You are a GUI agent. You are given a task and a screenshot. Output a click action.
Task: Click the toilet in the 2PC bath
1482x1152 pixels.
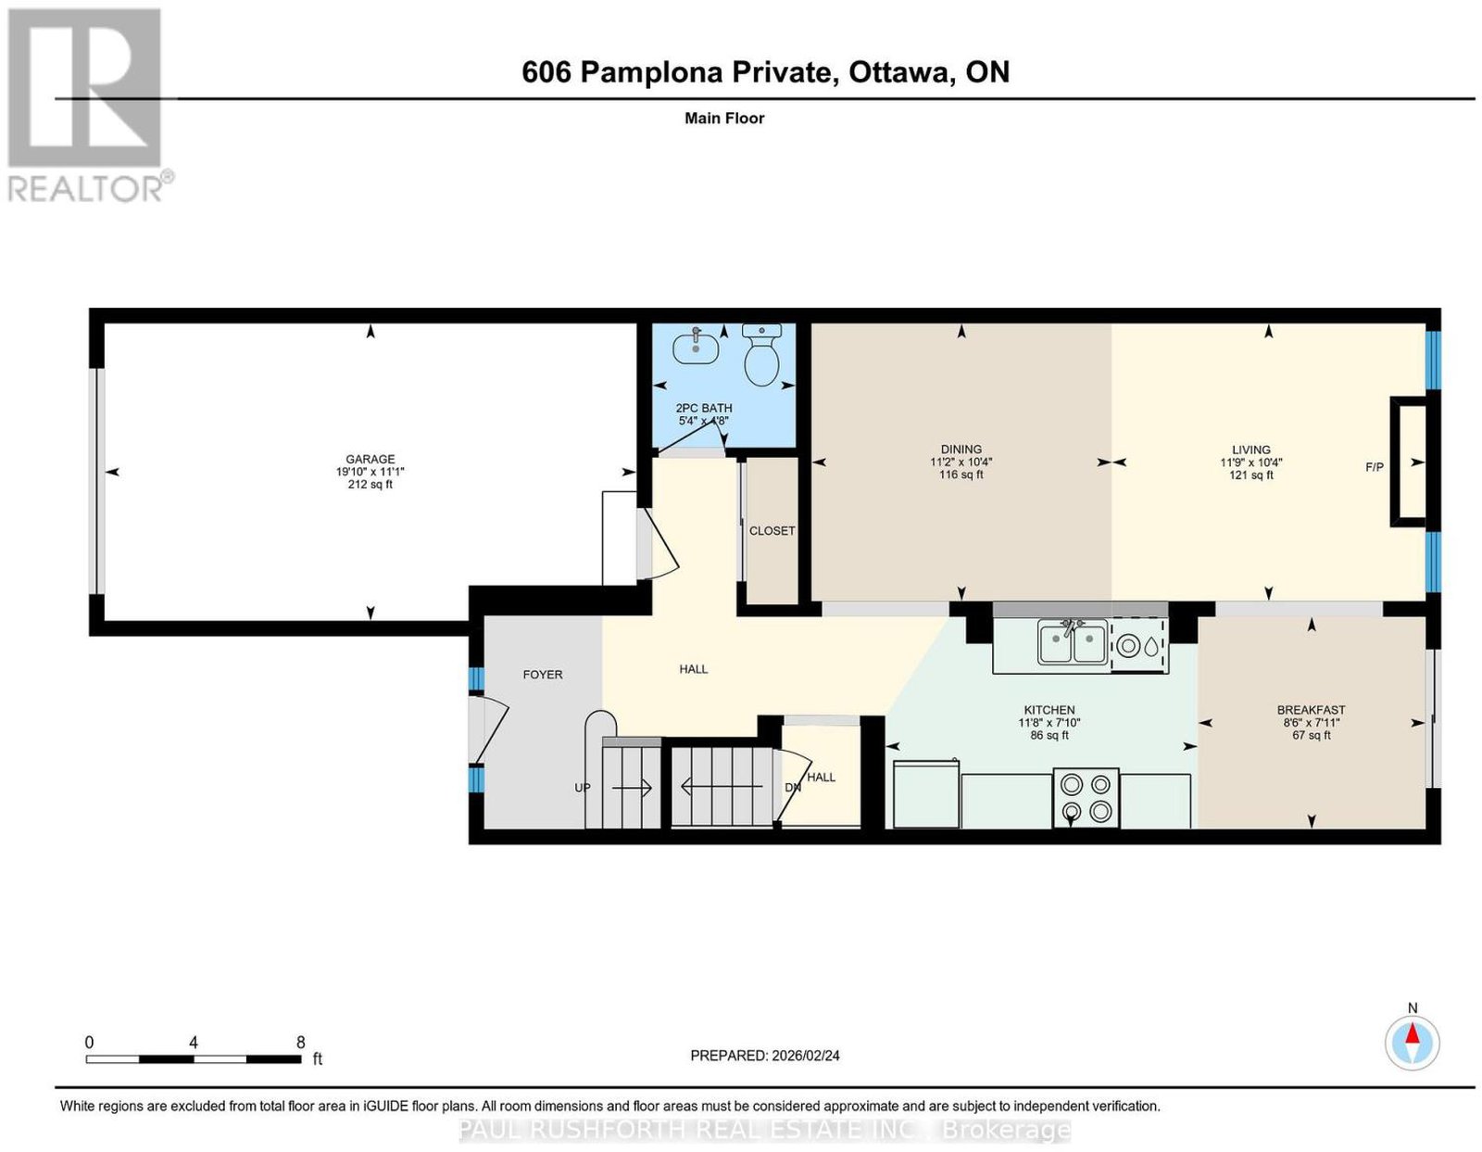[x=761, y=355]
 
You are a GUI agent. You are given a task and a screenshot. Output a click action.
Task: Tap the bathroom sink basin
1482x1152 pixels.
[x=695, y=348]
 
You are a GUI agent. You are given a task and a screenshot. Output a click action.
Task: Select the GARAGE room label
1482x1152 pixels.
[x=370, y=459]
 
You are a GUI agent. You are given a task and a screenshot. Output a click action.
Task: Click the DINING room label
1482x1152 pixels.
[x=961, y=449]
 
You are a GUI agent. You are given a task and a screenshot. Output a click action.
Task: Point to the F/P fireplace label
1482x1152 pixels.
[x=1375, y=467]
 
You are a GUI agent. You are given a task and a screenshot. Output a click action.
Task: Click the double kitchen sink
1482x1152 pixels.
[x=1072, y=641]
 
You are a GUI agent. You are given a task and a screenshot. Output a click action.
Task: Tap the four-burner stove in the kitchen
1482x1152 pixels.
[x=1086, y=797]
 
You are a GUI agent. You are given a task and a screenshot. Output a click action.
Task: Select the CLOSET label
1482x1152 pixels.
[x=772, y=531]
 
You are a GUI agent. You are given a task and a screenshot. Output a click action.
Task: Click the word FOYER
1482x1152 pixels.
[x=543, y=675]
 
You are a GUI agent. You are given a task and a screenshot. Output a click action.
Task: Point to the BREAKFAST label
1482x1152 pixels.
[x=1311, y=710]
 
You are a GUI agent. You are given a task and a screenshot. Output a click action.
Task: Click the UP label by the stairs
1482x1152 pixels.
[x=582, y=788]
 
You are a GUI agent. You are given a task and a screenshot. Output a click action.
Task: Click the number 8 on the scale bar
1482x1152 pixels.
[x=301, y=1043]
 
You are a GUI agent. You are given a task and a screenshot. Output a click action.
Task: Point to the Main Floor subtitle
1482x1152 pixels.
[x=724, y=118]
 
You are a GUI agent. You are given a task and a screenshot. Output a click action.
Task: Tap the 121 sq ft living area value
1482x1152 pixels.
[x=1250, y=475]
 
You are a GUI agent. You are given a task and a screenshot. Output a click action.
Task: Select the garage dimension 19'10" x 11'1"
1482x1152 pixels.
[x=370, y=472]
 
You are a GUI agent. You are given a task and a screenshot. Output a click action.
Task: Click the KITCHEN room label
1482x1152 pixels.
[x=1049, y=710]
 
